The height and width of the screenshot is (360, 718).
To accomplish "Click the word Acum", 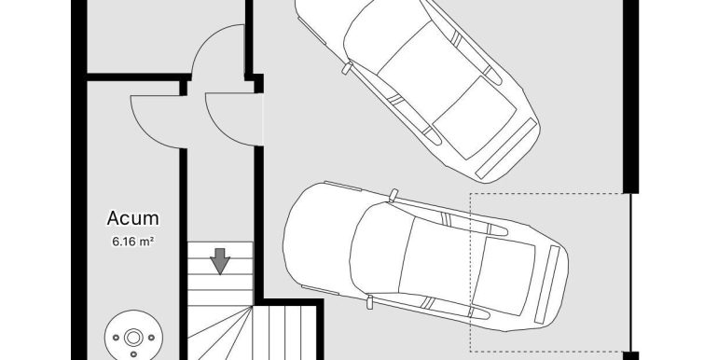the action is pos(132,218).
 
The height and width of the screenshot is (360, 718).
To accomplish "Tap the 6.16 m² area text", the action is pos(132,242).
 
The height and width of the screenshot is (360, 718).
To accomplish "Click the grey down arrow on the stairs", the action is pos(220,261).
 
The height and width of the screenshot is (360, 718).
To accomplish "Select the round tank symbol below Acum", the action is pos(133,338).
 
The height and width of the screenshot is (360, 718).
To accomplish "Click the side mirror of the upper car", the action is pos(347,68).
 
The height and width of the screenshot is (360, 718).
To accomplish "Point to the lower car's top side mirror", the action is pos(393,194).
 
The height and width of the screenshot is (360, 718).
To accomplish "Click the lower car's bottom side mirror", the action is pos(369,302).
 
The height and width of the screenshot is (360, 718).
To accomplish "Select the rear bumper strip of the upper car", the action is pos(505,148).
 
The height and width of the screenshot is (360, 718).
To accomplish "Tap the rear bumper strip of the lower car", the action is pos(547,284).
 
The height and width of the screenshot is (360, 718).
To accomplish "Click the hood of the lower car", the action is pos(321,238).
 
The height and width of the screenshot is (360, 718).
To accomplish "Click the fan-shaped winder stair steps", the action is pos(220,333).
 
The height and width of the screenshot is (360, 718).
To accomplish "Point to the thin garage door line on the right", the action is pos(631,272).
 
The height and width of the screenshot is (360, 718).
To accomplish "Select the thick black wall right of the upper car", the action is pos(631,96).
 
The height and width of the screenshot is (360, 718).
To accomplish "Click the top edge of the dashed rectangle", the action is pos(550,194).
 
